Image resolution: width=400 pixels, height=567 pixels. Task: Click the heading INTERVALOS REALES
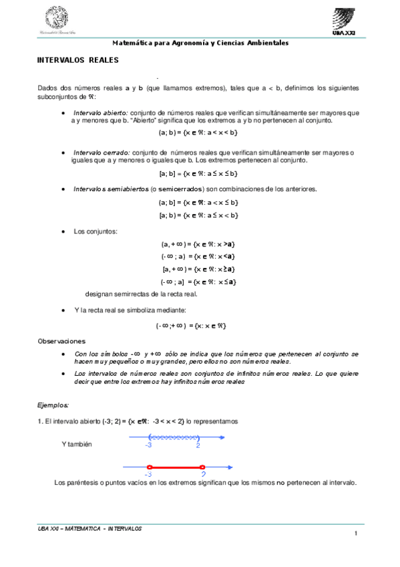click(x=77, y=60)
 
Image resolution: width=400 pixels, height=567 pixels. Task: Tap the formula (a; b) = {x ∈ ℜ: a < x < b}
click(x=198, y=132)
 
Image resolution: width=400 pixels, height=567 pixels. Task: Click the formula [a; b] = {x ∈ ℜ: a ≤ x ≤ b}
click(x=198, y=174)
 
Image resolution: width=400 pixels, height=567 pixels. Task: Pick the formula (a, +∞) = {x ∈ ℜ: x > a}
click(x=198, y=245)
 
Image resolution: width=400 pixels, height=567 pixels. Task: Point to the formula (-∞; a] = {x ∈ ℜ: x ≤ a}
click(x=198, y=281)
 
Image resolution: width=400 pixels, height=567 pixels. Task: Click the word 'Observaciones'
click(x=61, y=341)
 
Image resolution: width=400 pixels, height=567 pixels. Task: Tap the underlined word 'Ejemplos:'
click(x=53, y=405)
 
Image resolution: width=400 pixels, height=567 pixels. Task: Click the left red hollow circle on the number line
click(x=149, y=467)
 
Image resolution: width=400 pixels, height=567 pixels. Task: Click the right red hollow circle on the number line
click(x=202, y=467)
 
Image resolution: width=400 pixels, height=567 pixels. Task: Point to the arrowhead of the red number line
click(x=230, y=467)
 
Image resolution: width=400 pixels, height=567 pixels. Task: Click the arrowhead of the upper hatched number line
click(x=230, y=437)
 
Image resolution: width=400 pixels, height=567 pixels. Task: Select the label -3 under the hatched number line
click(x=148, y=445)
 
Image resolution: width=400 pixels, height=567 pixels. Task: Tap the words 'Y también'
click(x=76, y=445)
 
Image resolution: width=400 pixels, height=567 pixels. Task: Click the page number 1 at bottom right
click(x=357, y=533)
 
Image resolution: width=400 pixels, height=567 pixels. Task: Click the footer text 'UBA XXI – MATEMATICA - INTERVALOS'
click(x=89, y=528)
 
